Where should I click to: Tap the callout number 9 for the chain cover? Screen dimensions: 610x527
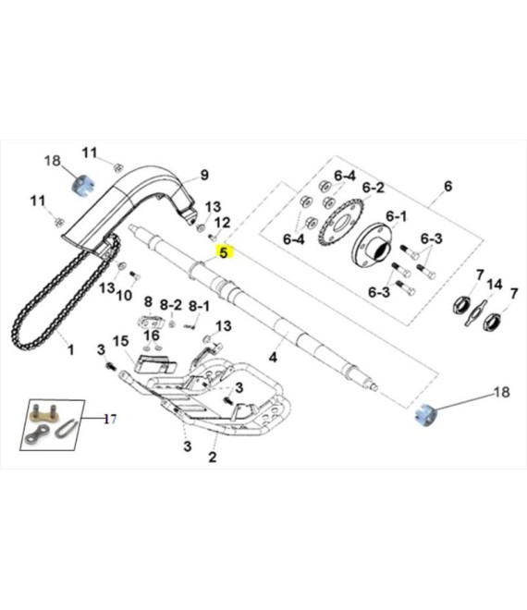coord(204,174)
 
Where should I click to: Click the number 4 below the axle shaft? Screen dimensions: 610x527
coord(273,356)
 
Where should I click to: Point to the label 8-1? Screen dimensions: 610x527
coord(199,306)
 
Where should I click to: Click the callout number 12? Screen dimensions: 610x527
coord(222,223)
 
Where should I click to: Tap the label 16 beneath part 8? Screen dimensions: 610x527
coord(151,335)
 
